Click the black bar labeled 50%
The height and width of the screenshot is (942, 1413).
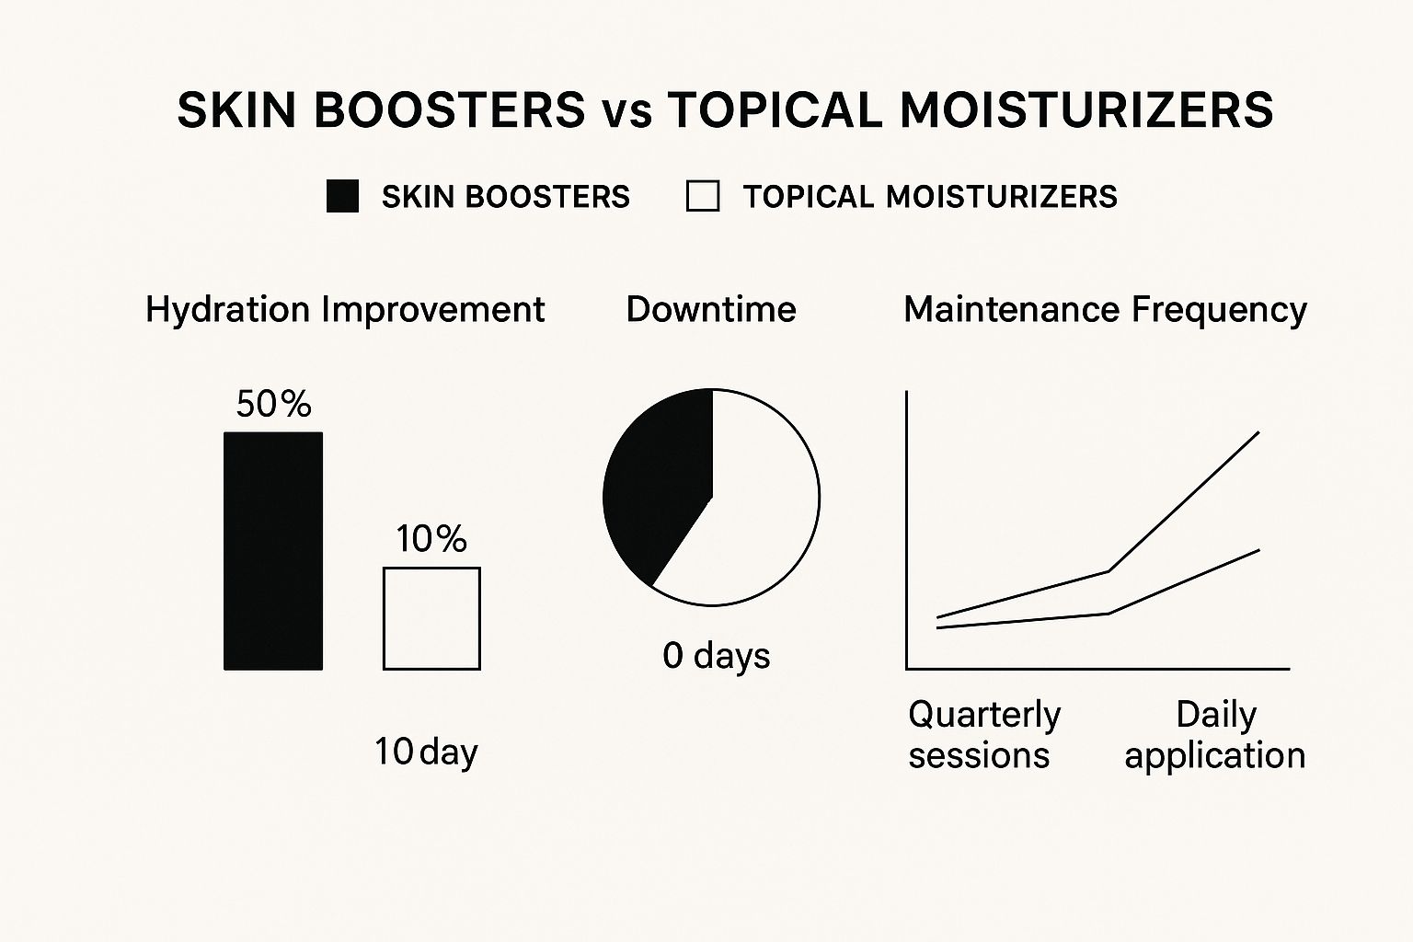[x=273, y=550]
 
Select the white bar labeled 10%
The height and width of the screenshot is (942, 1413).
[x=431, y=618]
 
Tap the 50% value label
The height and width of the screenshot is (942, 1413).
[x=273, y=405]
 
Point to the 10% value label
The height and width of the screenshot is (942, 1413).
[x=431, y=539]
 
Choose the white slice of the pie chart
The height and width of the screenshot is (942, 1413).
[x=754, y=515]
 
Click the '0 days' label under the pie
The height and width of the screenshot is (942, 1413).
[x=716, y=656]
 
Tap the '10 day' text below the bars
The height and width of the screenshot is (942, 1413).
[x=426, y=752]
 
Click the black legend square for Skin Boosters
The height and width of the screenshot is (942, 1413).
[x=342, y=197]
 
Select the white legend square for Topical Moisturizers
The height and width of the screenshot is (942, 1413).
[x=703, y=197]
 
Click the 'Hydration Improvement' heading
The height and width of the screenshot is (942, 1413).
[x=345, y=310]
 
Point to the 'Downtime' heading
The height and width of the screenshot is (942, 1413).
[x=711, y=310]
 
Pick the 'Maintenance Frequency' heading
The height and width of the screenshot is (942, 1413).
[x=1105, y=310]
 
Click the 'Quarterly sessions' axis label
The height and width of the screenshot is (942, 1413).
[x=983, y=734]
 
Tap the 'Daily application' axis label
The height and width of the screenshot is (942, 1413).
[x=1214, y=734]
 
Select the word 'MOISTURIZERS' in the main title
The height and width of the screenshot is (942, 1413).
[x=1086, y=109]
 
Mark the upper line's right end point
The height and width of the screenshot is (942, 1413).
[x=1258, y=432]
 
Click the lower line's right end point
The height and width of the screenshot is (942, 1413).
[x=1258, y=550]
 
